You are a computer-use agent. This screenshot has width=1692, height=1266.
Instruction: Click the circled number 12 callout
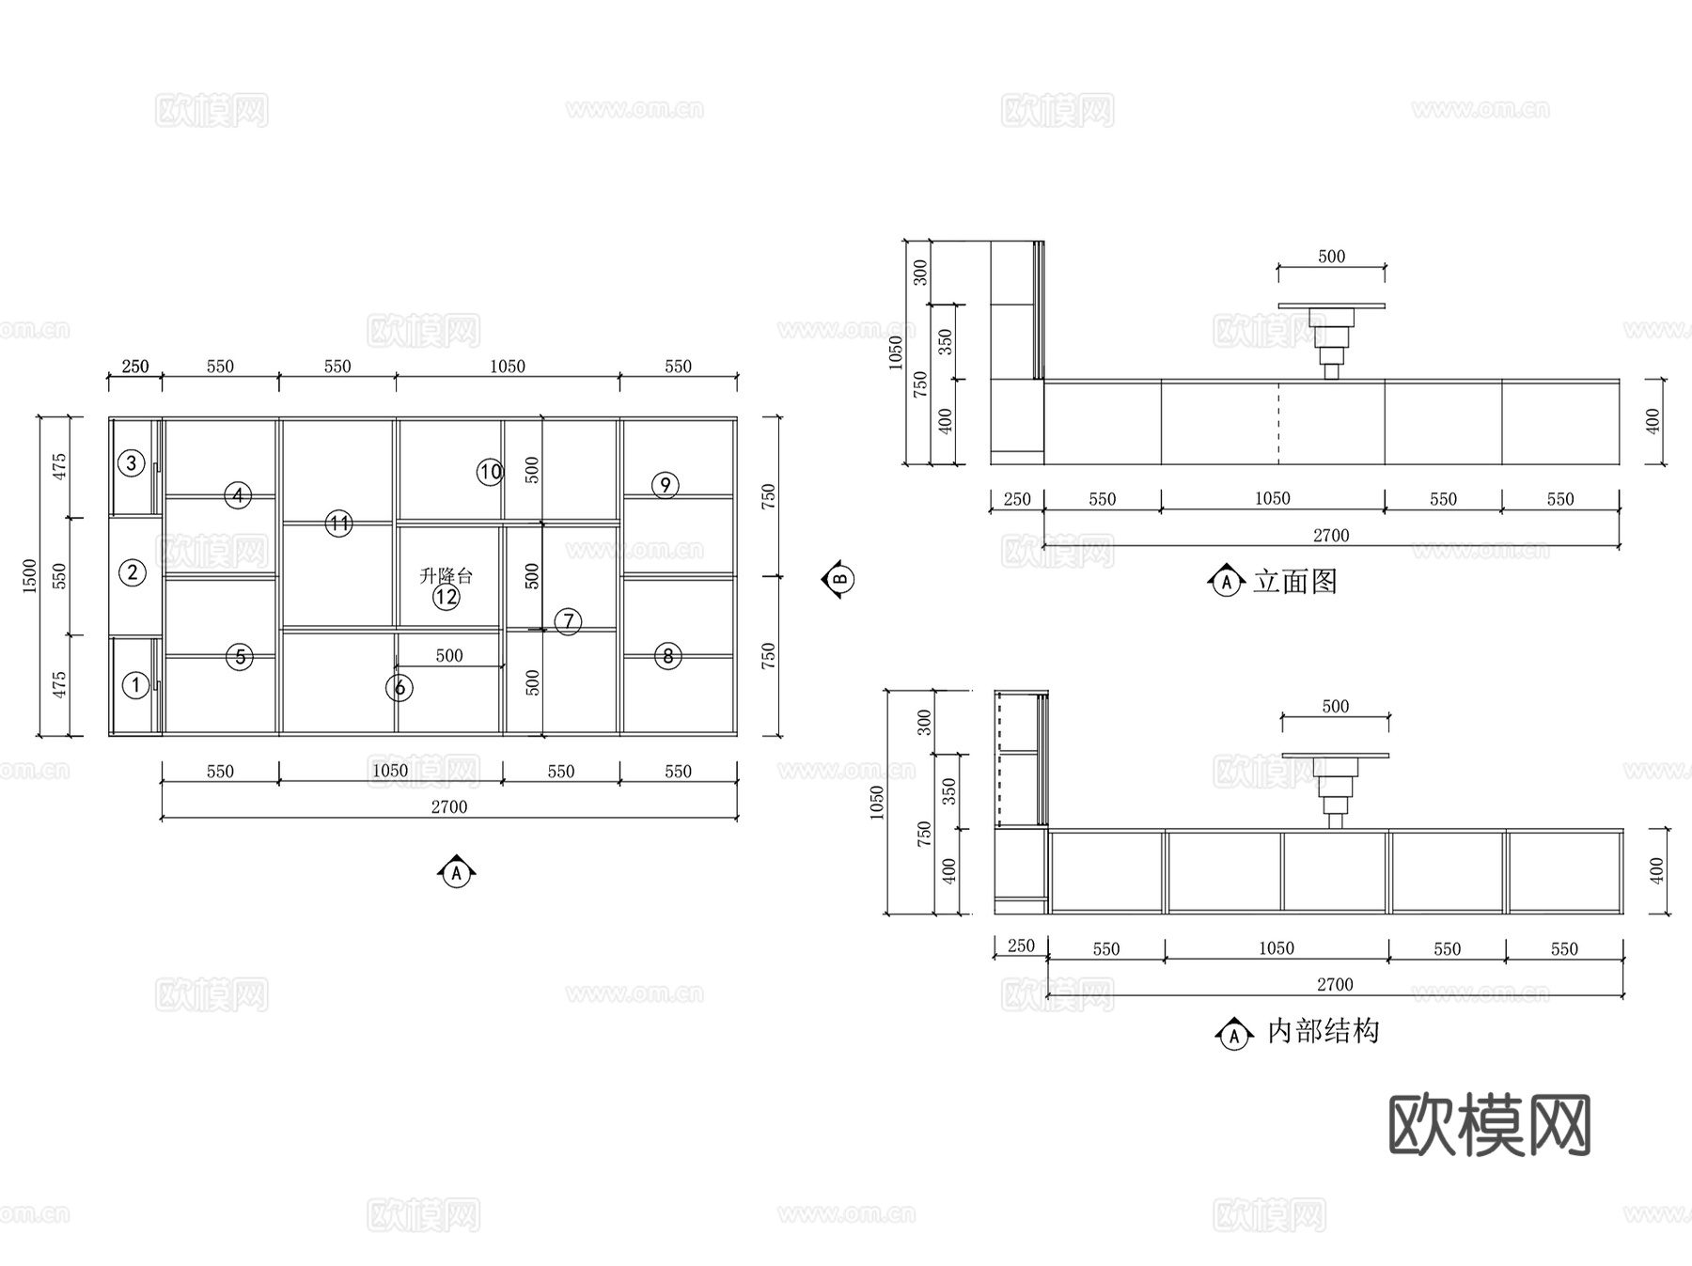click(x=446, y=597)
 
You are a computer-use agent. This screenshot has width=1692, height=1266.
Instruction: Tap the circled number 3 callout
click(x=132, y=462)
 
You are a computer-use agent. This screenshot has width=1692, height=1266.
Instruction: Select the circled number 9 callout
click(x=666, y=485)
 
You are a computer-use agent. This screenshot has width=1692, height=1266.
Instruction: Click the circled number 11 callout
click(x=338, y=524)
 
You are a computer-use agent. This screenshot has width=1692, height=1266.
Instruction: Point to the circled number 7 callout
click(x=568, y=621)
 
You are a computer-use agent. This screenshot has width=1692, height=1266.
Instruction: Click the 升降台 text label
click(x=446, y=575)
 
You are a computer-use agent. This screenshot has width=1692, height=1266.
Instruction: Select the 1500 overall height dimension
click(x=30, y=575)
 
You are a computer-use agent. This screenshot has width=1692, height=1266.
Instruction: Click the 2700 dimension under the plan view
click(x=449, y=806)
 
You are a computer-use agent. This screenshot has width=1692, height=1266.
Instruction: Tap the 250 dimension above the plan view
click(x=135, y=367)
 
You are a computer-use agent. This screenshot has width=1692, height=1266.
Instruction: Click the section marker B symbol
click(x=838, y=578)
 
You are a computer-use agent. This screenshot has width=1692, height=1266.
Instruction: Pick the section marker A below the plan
click(x=457, y=873)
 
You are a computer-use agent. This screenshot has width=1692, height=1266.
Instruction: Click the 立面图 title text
click(x=1295, y=582)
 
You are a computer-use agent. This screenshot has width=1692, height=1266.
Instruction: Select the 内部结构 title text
click(x=1324, y=1031)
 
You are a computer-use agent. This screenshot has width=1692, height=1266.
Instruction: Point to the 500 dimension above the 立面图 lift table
click(x=1331, y=257)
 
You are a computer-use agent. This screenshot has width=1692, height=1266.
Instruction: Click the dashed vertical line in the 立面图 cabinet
click(x=1278, y=423)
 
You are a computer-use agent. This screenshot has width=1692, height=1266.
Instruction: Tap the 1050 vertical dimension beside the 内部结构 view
click(x=877, y=802)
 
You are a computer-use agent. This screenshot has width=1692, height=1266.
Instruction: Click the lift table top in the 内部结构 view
click(x=1336, y=755)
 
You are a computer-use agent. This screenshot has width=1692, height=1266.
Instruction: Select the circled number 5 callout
click(x=240, y=657)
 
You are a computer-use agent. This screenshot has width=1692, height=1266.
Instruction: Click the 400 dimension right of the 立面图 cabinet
click(x=1653, y=421)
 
